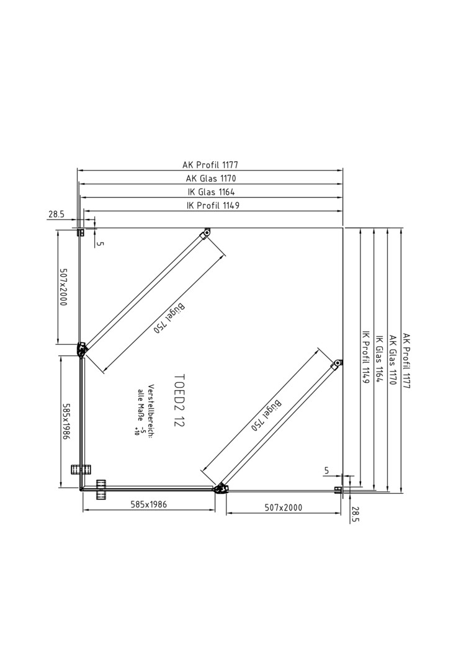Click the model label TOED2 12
[x=180, y=400]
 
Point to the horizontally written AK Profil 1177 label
[x=210, y=164]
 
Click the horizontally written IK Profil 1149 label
[x=213, y=205]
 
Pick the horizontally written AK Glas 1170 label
[x=211, y=178]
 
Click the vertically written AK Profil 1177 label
[x=406, y=361]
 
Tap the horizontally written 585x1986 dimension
[x=148, y=504]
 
